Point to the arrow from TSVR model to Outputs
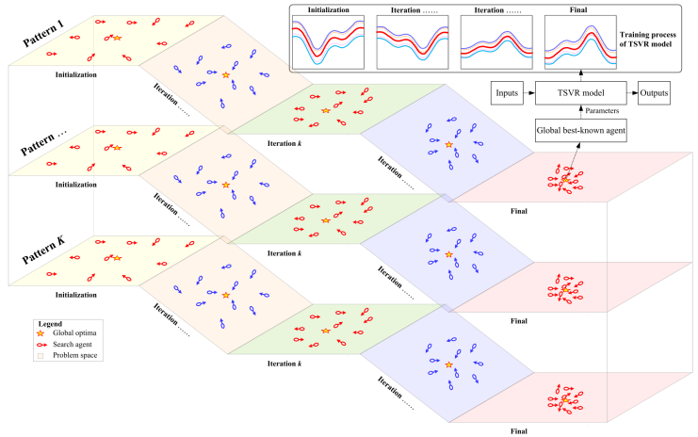[x=630, y=93]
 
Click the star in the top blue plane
[x=448, y=144]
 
